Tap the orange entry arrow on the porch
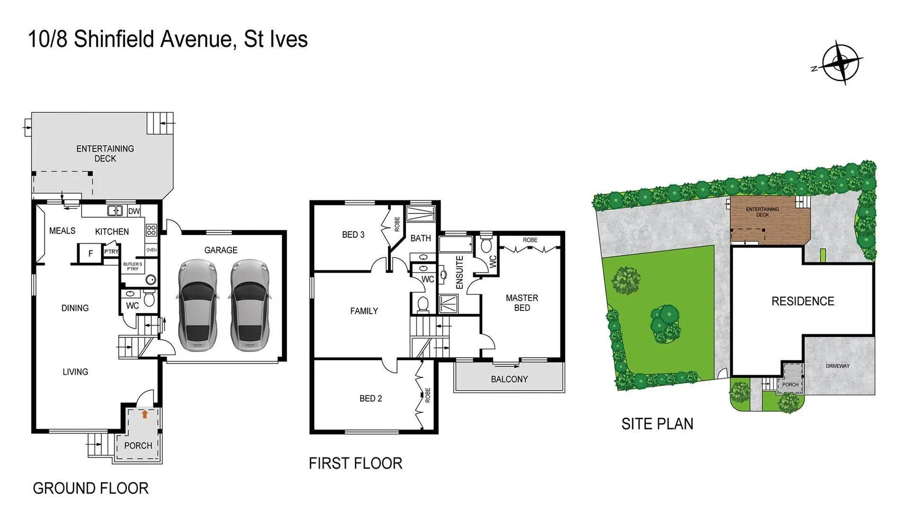tap(144, 414)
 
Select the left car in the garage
tap(197, 305)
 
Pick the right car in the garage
tap(250, 305)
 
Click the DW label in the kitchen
tap(134, 211)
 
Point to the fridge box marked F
tap(90, 253)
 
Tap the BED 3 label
tap(353, 234)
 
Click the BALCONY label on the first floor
tap(509, 379)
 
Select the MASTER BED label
tap(522, 303)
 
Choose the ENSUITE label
tap(459, 272)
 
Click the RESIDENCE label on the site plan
tap(803, 301)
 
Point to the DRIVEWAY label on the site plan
tap(837, 366)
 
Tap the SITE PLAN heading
tap(657, 424)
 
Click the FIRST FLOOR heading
tap(355, 464)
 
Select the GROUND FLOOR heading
tap(90, 488)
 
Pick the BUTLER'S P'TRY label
tap(133, 266)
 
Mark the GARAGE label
tap(221, 250)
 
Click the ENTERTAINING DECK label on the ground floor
tap(105, 153)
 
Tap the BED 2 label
tap(370, 398)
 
